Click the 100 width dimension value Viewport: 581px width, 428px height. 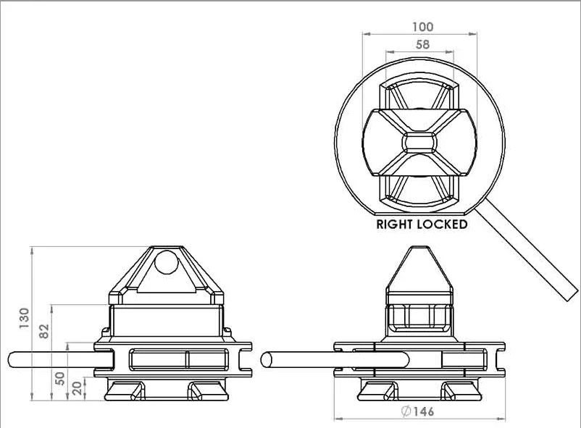(x=422, y=27)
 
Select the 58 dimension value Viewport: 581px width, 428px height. (x=422, y=44)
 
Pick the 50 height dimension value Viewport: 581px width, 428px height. (x=60, y=378)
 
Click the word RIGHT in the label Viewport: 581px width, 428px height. (x=395, y=224)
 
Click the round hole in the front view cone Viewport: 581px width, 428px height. (x=166, y=261)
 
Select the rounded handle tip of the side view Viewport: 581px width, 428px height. (x=266, y=359)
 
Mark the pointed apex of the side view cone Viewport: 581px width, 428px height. (x=419, y=249)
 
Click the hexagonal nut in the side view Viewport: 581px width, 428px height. (x=419, y=316)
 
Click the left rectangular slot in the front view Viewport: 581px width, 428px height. (x=157, y=359)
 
